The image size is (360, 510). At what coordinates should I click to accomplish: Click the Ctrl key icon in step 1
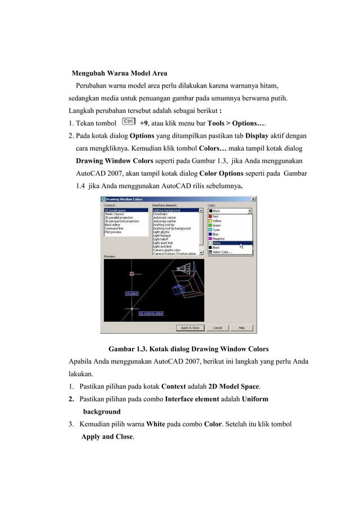pyautogui.click(x=129, y=121)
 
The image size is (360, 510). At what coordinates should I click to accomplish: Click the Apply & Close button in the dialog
pyautogui.click(x=190, y=328)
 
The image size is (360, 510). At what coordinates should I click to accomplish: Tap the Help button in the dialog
pyautogui.click(x=241, y=328)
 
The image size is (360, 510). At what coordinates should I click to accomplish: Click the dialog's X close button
pyautogui.click(x=253, y=199)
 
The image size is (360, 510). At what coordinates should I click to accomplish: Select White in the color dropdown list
pyautogui.click(x=217, y=243)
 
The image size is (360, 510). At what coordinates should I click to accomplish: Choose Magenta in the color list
pyautogui.click(x=218, y=239)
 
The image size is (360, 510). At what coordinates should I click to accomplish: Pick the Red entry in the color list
pyautogui.click(x=216, y=216)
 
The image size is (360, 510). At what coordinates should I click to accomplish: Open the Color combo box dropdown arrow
pyautogui.click(x=249, y=211)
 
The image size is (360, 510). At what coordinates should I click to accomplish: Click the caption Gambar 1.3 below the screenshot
pyautogui.click(x=188, y=348)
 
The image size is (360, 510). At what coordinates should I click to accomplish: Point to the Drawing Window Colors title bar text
pyautogui.click(x=125, y=199)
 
